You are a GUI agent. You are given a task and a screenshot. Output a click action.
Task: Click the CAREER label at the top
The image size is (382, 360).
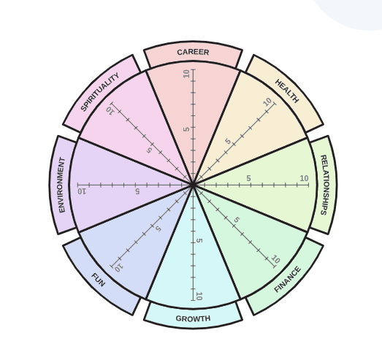click(193, 52)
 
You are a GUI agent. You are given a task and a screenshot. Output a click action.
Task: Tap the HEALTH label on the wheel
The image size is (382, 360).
click(287, 91)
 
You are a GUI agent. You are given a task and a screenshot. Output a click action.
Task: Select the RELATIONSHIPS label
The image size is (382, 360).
click(324, 185)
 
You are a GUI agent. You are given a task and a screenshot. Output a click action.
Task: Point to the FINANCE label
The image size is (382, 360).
click(288, 280)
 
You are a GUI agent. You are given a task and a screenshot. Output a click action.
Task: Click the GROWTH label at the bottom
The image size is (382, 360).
click(193, 318)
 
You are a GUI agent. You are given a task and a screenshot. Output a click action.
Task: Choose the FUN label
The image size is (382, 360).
click(98, 280)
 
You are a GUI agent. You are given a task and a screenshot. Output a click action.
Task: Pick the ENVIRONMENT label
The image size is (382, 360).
click(62, 185)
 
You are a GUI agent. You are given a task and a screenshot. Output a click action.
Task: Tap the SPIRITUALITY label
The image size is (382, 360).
click(100, 92)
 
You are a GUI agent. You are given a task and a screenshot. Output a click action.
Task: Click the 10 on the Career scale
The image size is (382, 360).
click(186, 74)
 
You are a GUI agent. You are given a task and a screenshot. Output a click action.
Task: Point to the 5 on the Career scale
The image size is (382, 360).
click(186, 129)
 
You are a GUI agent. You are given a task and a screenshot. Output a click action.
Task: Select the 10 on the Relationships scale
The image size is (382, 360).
click(304, 178)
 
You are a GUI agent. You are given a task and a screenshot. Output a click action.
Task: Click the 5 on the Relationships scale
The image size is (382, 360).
click(248, 178)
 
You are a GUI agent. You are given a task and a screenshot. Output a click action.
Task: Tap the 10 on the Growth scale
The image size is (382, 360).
click(199, 296)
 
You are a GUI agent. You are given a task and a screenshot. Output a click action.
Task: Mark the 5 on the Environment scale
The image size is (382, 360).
click(137, 191)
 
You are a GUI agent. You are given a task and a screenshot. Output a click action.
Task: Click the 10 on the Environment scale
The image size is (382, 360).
click(82, 191)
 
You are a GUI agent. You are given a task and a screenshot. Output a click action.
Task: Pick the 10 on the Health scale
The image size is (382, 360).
click(268, 102)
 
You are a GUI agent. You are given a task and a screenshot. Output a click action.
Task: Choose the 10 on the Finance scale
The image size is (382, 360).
click(275, 259)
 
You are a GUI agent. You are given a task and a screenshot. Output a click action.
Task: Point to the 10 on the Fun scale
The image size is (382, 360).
click(118, 268)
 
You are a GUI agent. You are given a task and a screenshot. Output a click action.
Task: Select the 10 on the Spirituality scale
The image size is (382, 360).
click(110, 110)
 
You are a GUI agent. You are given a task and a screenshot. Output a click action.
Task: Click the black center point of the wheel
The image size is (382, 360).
click(193, 185)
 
